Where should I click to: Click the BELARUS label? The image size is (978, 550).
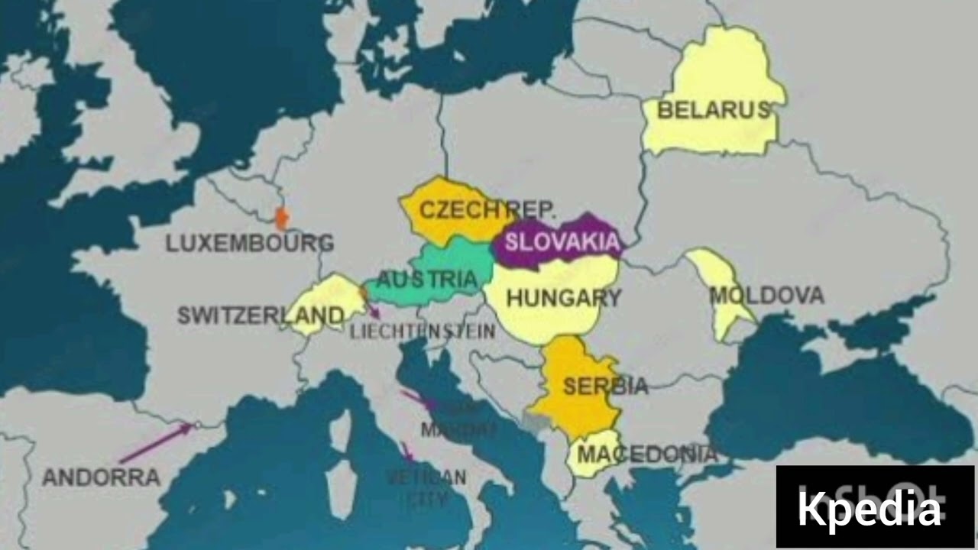click(x=714, y=110)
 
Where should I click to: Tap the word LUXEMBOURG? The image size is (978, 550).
click(x=250, y=244)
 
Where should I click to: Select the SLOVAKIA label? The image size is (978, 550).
click(x=562, y=242)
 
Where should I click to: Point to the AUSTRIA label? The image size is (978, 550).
click(x=427, y=280)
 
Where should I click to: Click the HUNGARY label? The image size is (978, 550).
click(x=564, y=298)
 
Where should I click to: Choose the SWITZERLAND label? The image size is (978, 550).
click(x=261, y=315)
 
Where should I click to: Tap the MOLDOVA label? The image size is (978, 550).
click(x=766, y=295)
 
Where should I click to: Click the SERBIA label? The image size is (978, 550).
click(x=605, y=386)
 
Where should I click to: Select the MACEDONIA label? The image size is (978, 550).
click(x=647, y=455)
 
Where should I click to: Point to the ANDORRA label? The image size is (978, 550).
click(x=101, y=478)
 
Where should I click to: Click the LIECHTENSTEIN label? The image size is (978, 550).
click(x=423, y=332)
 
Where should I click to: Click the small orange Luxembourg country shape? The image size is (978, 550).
click(x=282, y=218)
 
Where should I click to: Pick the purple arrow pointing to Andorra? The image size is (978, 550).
click(x=157, y=442)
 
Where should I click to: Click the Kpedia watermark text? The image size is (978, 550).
click(x=869, y=508)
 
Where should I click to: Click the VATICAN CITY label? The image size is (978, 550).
click(x=426, y=487)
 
